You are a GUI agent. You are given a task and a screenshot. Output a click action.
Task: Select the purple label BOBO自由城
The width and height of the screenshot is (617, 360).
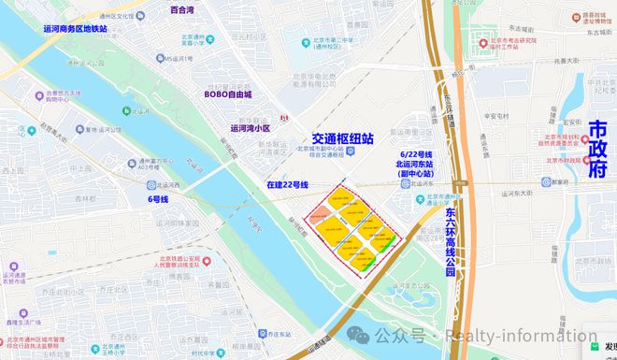230,94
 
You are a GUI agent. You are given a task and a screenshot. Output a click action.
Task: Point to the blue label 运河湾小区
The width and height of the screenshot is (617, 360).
250,128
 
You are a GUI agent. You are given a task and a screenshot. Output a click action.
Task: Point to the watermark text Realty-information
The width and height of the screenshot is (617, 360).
507,336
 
